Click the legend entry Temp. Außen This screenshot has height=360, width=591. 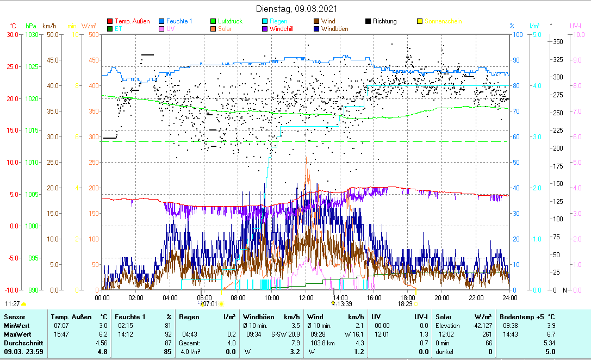[132, 21]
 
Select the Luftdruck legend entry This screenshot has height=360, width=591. [231, 21]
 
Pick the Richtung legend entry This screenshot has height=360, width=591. [384, 21]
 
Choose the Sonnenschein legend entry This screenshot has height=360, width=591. [443, 21]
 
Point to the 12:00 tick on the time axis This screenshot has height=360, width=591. [306, 297]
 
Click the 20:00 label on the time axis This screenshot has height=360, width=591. [442, 297]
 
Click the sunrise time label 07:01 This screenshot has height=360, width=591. [210, 304]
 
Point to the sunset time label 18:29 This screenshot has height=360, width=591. [405, 304]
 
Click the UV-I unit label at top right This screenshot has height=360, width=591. [576, 26]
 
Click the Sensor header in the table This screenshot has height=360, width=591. [14, 316]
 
